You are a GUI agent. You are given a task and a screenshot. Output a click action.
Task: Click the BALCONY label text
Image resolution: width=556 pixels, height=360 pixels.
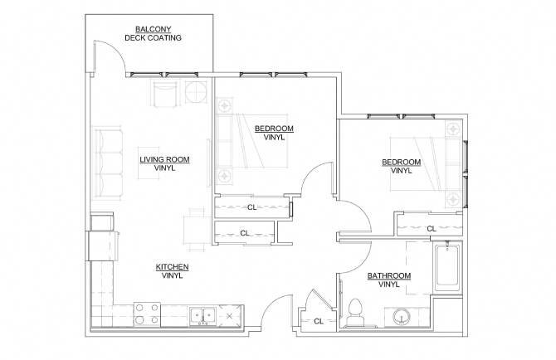click(x=153, y=29)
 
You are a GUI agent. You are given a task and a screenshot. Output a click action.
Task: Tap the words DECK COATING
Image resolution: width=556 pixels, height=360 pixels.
click(x=153, y=38)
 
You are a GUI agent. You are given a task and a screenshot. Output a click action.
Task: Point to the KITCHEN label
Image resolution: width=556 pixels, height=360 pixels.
click(x=172, y=266)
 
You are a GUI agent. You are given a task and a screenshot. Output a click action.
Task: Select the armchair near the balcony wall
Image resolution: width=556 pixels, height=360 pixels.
click(x=163, y=93)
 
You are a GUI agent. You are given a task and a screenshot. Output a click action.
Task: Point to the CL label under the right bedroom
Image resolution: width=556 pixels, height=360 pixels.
click(x=431, y=228)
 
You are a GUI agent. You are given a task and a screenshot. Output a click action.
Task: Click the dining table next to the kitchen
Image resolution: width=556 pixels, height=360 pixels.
click(x=196, y=228)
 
